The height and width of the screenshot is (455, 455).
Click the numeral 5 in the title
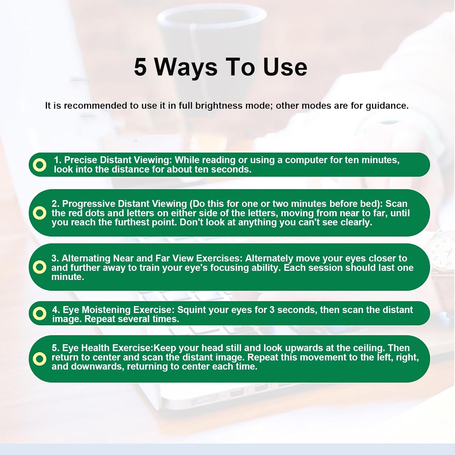click(x=140, y=67)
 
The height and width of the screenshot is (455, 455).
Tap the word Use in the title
click(x=285, y=67)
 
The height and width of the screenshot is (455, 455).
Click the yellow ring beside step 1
click(x=39, y=165)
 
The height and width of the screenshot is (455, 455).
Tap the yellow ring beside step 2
click(x=39, y=213)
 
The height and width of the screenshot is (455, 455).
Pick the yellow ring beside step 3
click(x=39, y=267)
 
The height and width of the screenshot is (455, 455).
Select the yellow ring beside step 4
click(x=39, y=313)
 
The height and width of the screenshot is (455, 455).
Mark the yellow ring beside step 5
click(x=39, y=359)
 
